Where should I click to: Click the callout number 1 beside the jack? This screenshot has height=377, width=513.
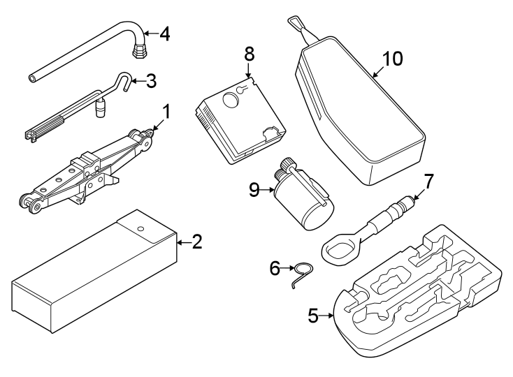point(166,111)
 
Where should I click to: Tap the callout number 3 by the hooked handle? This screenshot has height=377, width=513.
point(151,82)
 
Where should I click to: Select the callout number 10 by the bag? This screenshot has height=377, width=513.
point(393,59)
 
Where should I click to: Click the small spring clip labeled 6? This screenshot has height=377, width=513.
point(302,272)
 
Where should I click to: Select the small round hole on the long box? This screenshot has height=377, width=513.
point(140,228)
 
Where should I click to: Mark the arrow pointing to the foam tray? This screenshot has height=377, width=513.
point(328,316)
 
